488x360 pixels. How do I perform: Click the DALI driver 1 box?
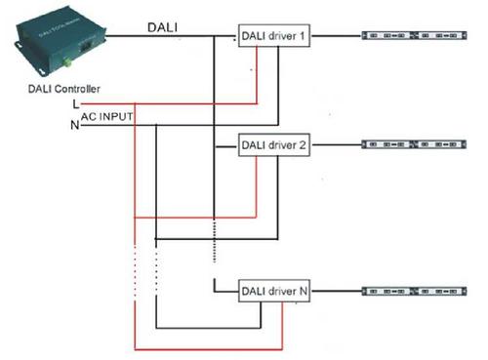(x=273, y=37)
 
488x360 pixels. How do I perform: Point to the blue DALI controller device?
(x=54, y=44)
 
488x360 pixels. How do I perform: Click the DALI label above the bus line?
(x=163, y=27)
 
